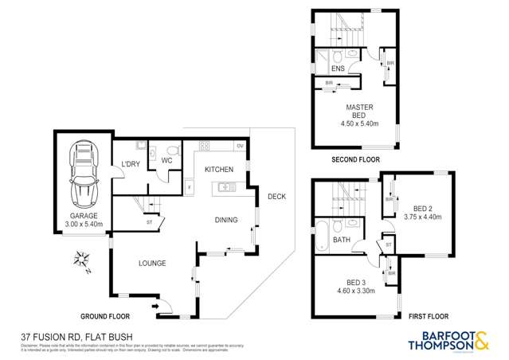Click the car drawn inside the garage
click(82, 173)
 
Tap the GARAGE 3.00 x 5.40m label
click(82, 220)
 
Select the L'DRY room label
click(131, 164)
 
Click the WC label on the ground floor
click(167, 160)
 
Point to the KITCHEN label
click(218, 170)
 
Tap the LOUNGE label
click(151, 263)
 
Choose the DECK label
click(276, 197)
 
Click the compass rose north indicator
click(82, 259)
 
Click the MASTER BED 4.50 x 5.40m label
click(359, 115)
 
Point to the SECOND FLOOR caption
click(355, 160)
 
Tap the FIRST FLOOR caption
click(431, 316)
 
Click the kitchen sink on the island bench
click(225, 188)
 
